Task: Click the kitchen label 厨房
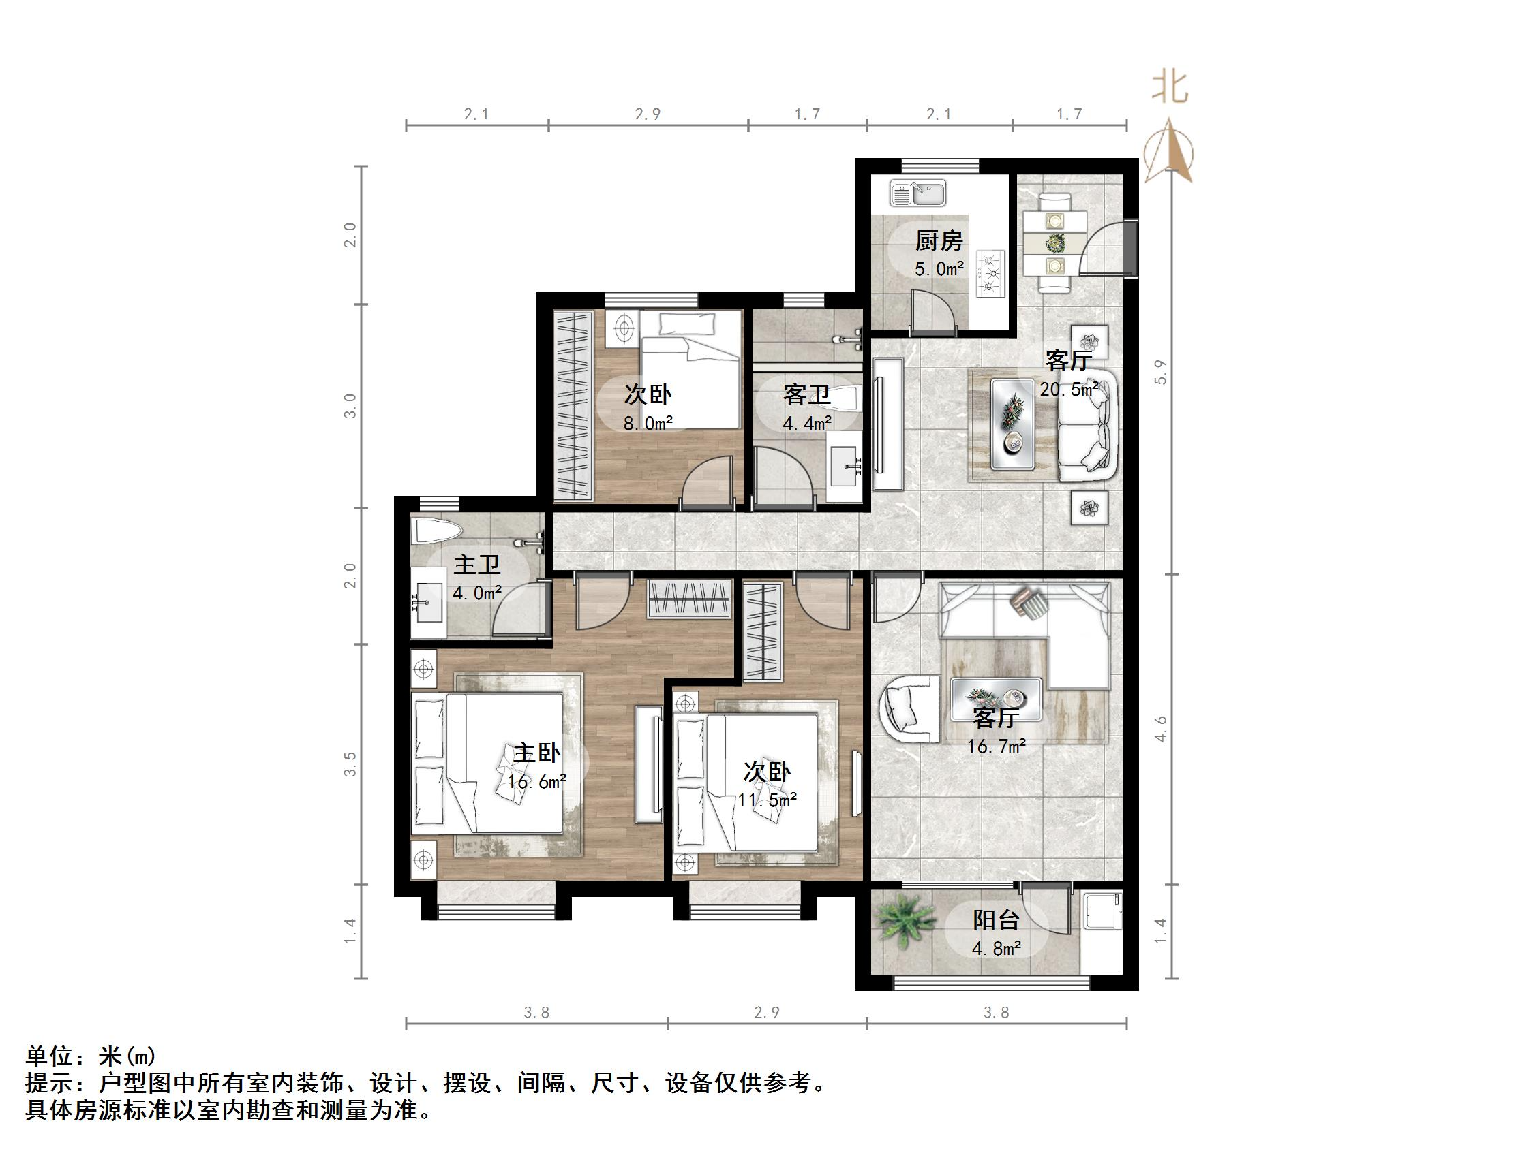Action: (939, 241)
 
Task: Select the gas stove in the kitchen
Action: (990, 273)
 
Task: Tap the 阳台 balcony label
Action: (996, 920)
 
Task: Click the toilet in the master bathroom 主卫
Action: (436, 532)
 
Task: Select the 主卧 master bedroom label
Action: (536, 753)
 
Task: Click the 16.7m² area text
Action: (997, 746)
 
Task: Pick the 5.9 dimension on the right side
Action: (1161, 372)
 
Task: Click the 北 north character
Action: (1170, 89)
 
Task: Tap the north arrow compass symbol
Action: (1169, 152)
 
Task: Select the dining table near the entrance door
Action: (1054, 243)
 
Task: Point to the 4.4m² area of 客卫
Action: (807, 422)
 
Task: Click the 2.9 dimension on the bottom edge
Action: (766, 1012)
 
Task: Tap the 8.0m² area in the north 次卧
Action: (648, 422)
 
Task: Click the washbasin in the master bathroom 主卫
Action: (428, 603)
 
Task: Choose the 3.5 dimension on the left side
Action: (350, 764)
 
